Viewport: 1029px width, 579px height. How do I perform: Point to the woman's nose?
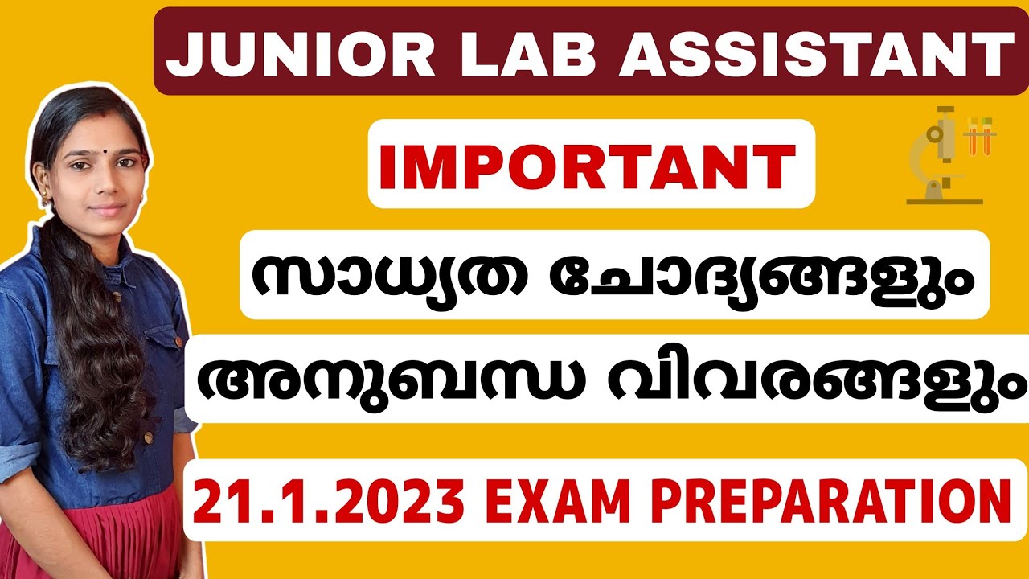(105, 183)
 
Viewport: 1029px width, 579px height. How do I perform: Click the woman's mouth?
(107, 207)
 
